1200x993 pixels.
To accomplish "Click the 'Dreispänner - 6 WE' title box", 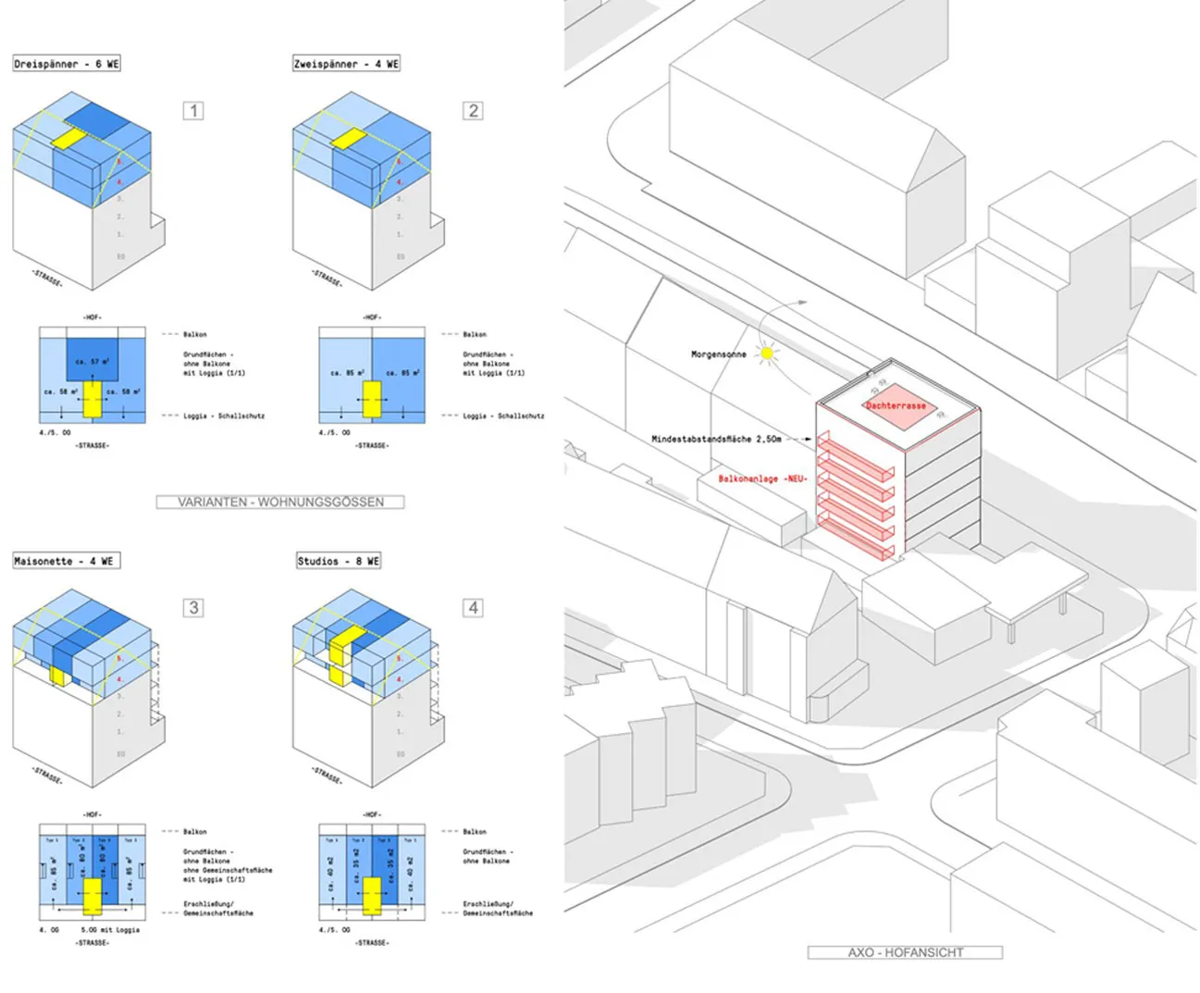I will [67, 64].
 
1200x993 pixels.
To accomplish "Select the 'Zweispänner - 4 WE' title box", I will [346, 64].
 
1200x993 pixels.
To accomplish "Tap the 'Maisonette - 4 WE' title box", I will [67, 561].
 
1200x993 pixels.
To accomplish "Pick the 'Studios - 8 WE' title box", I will [339, 561].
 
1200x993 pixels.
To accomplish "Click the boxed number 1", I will [193, 111].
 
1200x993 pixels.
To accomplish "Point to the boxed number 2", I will [473, 111].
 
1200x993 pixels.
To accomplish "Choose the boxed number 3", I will [193, 608].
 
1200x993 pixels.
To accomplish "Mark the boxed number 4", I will [473, 608].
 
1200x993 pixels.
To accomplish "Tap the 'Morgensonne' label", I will [718, 354].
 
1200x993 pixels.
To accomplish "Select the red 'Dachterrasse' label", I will [896, 405].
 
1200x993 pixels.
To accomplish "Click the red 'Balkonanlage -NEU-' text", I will [763, 478].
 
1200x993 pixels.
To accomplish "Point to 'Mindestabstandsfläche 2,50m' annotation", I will [716, 439].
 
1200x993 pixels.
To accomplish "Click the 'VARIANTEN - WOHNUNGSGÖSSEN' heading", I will [280, 502].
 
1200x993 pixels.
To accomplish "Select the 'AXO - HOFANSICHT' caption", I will [905, 952].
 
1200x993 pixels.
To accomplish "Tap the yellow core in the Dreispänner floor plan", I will [92, 399].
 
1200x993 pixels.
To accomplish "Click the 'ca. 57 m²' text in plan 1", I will [93, 362].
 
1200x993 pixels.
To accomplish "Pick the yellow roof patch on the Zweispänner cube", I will [349, 140].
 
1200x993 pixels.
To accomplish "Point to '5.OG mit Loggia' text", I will [110, 929].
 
